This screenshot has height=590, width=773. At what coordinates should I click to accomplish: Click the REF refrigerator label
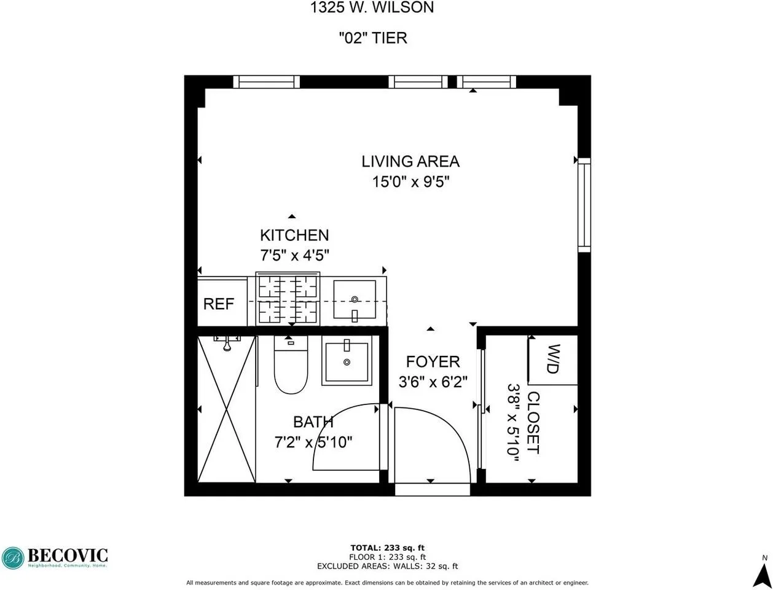click(x=219, y=304)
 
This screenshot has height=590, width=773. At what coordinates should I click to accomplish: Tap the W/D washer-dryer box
click(x=552, y=360)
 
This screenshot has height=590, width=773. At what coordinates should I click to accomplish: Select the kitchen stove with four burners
click(x=288, y=299)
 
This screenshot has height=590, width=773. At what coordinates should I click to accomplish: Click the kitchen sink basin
click(x=355, y=300)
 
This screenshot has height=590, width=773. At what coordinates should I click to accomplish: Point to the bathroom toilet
click(x=291, y=364)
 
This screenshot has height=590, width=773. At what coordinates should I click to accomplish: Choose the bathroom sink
click(x=347, y=360)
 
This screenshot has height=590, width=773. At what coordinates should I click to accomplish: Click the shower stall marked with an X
click(x=227, y=409)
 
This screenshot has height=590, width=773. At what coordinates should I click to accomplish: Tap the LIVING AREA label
click(x=410, y=161)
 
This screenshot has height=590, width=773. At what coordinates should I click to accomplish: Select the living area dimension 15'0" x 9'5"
click(x=411, y=182)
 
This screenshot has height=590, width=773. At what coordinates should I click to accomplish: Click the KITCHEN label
click(x=294, y=235)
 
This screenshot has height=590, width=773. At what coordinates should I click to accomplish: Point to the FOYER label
click(x=433, y=362)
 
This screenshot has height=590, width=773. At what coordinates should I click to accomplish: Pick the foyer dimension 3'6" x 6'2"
click(x=433, y=382)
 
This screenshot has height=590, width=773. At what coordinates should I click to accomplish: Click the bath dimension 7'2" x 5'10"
click(x=313, y=442)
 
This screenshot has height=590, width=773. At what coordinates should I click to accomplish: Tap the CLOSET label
click(x=533, y=423)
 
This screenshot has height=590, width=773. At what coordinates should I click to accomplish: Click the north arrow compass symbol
click(x=764, y=572)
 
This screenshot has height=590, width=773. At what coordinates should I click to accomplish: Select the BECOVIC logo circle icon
click(x=13, y=558)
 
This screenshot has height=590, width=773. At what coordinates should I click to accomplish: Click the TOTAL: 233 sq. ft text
click(x=387, y=548)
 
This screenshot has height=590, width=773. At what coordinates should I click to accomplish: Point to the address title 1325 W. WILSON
click(x=372, y=7)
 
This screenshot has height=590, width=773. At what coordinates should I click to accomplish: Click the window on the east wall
click(x=584, y=205)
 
